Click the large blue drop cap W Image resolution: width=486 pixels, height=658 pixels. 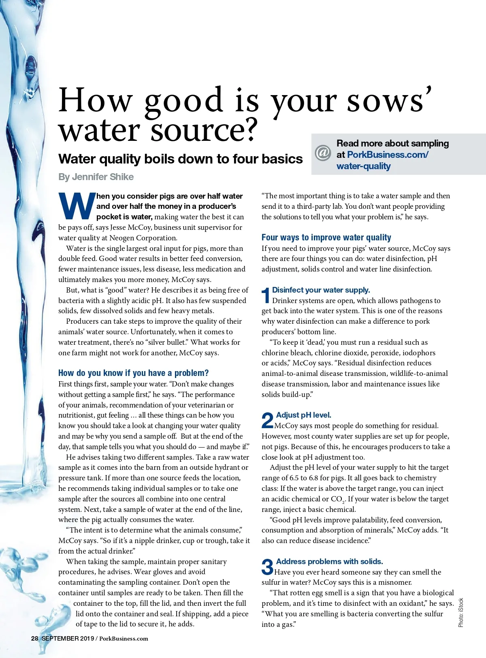coord(76,206)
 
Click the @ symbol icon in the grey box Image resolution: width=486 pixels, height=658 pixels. coord(323,153)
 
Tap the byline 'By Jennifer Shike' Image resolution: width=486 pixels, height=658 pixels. coord(96,177)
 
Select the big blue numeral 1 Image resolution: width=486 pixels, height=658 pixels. coord(266,295)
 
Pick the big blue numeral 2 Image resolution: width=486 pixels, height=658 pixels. coord(267,420)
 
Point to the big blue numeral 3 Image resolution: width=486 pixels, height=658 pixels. coord(267,567)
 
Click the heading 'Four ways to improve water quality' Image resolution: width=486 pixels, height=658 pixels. coord(326,238)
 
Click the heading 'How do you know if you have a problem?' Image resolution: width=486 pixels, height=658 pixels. coord(133,373)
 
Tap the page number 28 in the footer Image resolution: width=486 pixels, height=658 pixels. coord(35,639)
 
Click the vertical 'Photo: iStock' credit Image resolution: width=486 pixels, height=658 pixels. coord(461,613)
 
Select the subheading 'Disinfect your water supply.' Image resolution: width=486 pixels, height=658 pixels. coord(321,290)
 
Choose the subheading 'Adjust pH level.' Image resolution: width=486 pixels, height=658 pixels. coord(303,415)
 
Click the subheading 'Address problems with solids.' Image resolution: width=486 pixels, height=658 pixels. coord(329,561)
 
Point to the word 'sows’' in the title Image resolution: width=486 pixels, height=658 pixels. coord(389,101)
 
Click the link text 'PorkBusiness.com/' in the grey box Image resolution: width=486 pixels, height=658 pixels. coord(388,155)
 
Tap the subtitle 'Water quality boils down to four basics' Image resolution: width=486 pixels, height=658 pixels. coord(180,159)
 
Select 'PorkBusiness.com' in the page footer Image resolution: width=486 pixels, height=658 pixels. coord(124,639)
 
